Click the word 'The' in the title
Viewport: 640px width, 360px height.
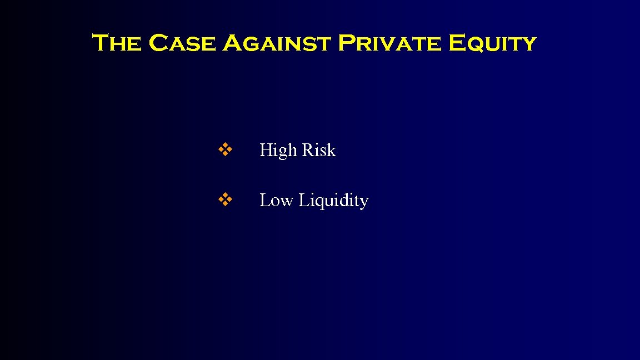116,43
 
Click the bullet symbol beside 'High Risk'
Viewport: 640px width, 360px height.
225,149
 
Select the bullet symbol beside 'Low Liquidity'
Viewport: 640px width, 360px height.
225,199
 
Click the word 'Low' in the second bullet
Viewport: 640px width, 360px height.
276,200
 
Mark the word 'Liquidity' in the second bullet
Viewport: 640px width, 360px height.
333,201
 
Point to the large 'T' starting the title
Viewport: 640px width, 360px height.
100,43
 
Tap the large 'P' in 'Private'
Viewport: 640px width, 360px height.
347,43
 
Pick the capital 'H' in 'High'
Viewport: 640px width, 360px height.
266,150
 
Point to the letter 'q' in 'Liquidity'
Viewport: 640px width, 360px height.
320,203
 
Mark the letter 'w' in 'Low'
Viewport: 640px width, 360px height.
287,202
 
